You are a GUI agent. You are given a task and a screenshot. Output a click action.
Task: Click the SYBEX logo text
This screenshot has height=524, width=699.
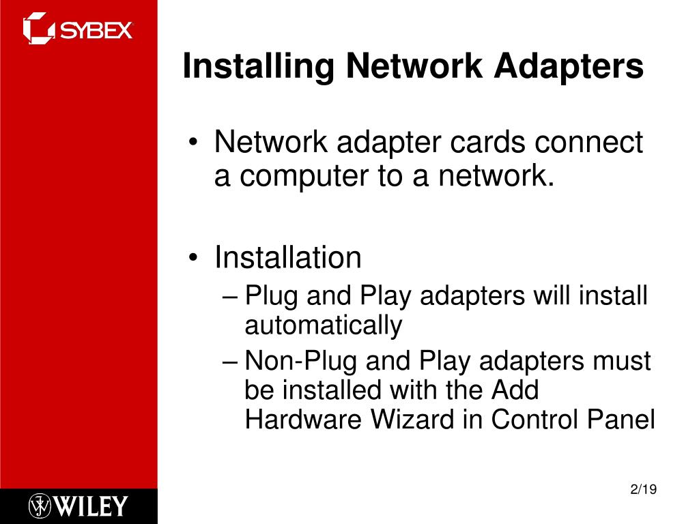tap(95, 30)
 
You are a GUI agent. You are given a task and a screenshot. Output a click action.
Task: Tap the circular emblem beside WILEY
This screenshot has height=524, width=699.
tap(40, 506)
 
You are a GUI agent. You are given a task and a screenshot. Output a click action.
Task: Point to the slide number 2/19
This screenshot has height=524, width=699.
tap(643, 489)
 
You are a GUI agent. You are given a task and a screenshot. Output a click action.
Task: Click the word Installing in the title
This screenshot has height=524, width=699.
tap(259, 67)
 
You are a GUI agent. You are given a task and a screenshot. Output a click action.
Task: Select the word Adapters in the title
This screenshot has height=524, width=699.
tap(569, 67)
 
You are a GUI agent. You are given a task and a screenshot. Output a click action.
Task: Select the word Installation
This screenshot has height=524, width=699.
tap(287, 258)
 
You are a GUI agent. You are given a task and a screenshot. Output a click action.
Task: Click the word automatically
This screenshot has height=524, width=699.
tap(324, 325)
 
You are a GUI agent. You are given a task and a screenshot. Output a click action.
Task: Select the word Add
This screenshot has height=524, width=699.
tap(515, 390)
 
